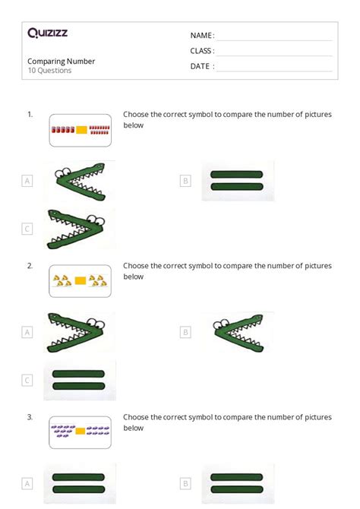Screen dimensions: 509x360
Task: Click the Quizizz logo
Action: [46, 33]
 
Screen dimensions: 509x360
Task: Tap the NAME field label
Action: [202, 36]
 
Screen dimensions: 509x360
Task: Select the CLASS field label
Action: [202, 51]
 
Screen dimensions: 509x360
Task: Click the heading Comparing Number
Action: [62, 61]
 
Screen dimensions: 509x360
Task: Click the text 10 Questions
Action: [49, 71]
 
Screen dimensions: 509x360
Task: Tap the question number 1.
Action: [30, 114]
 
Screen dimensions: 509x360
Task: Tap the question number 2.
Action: [30, 266]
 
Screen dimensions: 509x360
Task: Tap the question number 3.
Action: [30, 417]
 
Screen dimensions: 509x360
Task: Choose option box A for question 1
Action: [27, 181]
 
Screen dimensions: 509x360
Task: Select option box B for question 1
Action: [185, 181]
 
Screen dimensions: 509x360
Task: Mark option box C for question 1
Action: [27, 229]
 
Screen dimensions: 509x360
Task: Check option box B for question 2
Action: [185, 332]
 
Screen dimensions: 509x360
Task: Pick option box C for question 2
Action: [27, 380]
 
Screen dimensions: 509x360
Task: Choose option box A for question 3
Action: [27, 483]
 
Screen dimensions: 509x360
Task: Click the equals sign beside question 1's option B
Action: [237, 180]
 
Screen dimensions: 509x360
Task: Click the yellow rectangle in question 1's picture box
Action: [81, 130]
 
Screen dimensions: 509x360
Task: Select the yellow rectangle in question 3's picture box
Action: [81, 431]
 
